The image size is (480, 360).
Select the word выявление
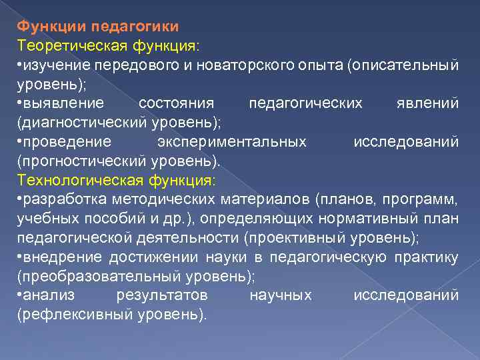(x=63, y=103)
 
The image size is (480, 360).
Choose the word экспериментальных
(x=232, y=142)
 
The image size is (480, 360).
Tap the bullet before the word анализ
(x=20, y=295)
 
